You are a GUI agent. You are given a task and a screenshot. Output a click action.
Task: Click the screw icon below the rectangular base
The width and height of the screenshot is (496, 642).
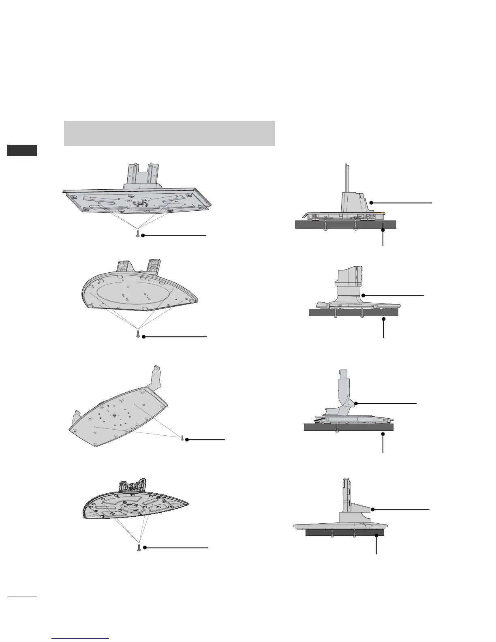click(x=138, y=235)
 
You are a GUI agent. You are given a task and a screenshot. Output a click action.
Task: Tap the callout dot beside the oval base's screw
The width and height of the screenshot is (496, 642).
click(x=143, y=336)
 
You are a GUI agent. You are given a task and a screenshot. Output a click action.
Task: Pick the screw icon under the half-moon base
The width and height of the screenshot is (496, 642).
click(x=139, y=548)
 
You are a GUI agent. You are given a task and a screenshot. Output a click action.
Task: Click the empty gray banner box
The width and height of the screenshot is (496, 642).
click(x=169, y=133)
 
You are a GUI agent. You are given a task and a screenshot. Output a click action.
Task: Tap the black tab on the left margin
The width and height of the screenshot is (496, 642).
click(x=22, y=150)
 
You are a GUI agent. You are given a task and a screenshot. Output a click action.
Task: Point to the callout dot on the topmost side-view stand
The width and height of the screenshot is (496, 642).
click(x=371, y=202)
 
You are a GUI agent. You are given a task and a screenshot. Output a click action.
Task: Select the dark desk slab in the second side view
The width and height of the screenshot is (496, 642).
click(x=353, y=312)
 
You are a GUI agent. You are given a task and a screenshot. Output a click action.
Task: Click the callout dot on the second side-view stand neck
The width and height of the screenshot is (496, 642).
click(x=364, y=295)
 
